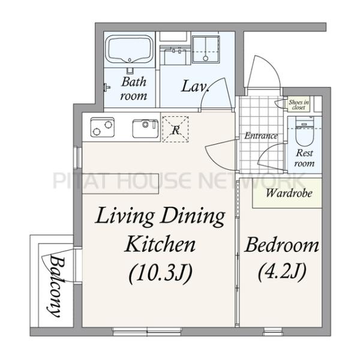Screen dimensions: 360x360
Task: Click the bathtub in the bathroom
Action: (x=130, y=49)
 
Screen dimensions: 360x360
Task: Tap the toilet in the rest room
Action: (x=304, y=131)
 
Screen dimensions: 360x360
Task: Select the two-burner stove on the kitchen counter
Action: (x=103, y=127)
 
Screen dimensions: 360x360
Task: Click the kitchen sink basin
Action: (x=145, y=128)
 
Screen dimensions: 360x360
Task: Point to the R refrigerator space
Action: (x=175, y=129)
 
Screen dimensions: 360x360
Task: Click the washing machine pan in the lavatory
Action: (x=206, y=49)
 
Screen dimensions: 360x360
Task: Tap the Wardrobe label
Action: (x=289, y=193)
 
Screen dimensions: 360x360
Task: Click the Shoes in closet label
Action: (x=299, y=104)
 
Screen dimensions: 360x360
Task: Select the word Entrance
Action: (x=261, y=136)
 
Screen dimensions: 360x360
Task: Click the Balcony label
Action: (x=56, y=286)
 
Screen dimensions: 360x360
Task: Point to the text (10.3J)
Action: (x=160, y=274)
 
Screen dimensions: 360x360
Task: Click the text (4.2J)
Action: (x=282, y=272)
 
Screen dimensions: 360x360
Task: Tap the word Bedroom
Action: (x=282, y=245)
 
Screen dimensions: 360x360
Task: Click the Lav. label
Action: (x=196, y=87)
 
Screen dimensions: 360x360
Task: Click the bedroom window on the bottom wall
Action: (x=274, y=332)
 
